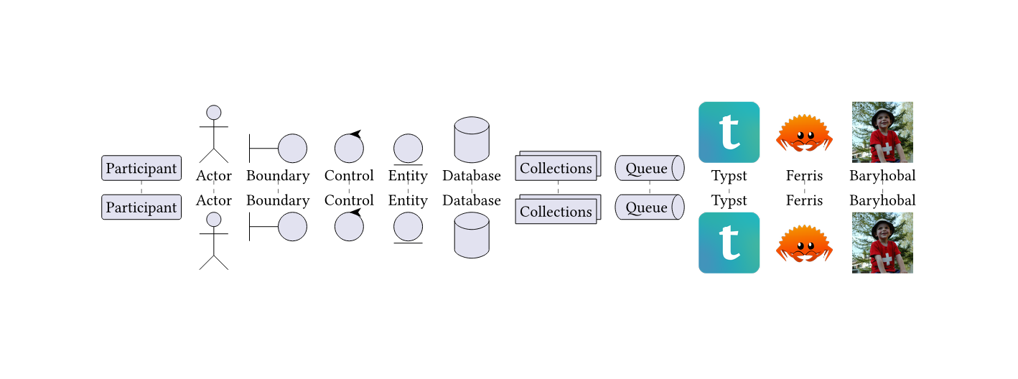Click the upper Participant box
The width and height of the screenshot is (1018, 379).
[x=141, y=168]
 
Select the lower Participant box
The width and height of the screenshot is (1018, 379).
[x=141, y=207]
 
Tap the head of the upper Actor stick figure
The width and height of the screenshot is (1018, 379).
[x=213, y=112]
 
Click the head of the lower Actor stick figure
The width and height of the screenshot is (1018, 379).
[x=213, y=220]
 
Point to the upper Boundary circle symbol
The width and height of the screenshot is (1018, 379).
[x=292, y=149]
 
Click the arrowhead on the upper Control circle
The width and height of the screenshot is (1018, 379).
[x=355, y=134]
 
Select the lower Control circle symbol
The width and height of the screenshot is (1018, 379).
[x=349, y=226]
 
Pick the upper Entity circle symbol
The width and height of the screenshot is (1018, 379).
[x=408, y=149]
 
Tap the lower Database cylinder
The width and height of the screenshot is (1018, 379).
[x=472, y=235]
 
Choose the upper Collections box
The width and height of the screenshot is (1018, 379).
[x=556, y=169]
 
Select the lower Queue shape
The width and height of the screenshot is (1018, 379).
[x=649, y=207]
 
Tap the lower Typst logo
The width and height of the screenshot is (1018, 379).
[x=729, y=243]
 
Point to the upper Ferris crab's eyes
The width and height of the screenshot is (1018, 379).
[x=804, y=135]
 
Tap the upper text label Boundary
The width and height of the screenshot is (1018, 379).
[x=278, y=176]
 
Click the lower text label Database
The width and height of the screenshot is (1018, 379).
[x=472, y=200]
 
